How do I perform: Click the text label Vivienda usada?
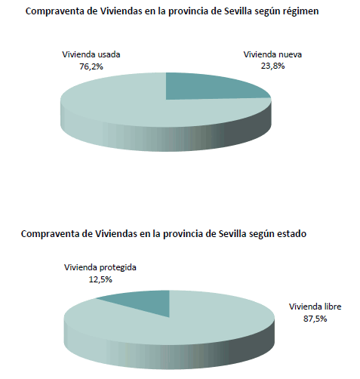[90, 54]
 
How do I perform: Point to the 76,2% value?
[90, 66]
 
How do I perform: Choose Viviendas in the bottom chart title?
[116, 234]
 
